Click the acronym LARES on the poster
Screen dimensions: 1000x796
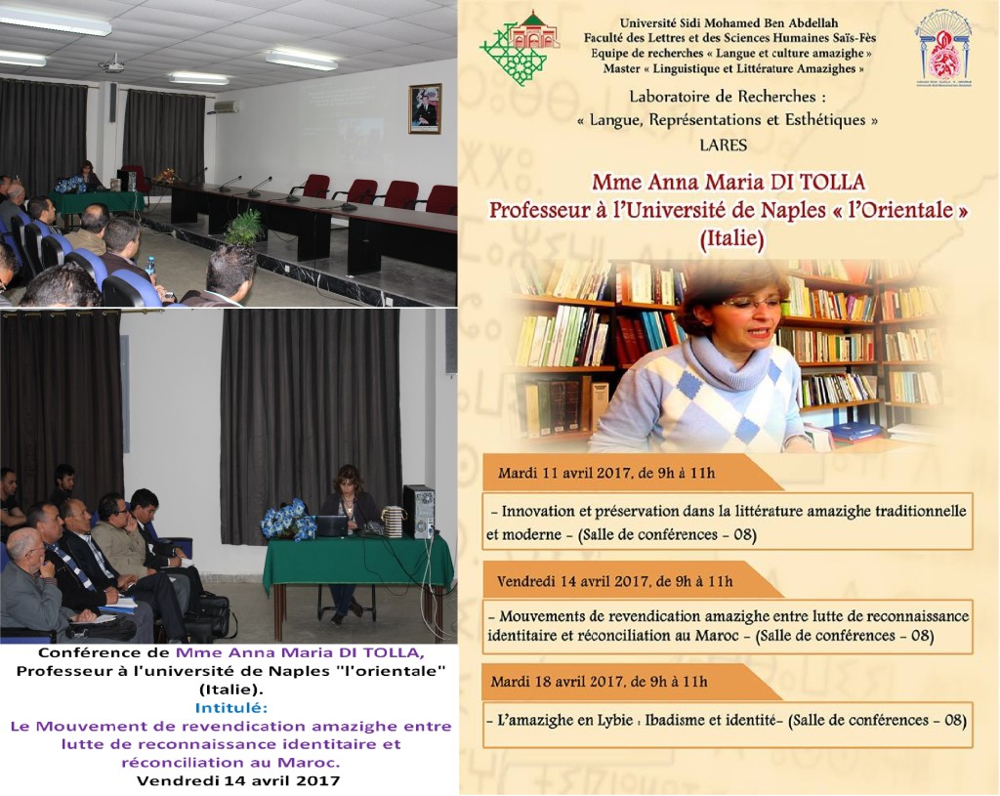[x=723, y=145]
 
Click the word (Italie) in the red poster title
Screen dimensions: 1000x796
[x=731, y=238]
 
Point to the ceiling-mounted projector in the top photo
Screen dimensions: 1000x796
[x=113, y=63]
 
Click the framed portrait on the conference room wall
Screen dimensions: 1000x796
[x=425, y=108]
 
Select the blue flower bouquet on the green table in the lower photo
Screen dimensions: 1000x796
[x=289, y=519]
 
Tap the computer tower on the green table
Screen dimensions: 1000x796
[x=419, y=512]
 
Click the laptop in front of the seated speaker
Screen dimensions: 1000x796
[x=332, y=525]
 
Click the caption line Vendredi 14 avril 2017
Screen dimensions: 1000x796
[x=238, y=780]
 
